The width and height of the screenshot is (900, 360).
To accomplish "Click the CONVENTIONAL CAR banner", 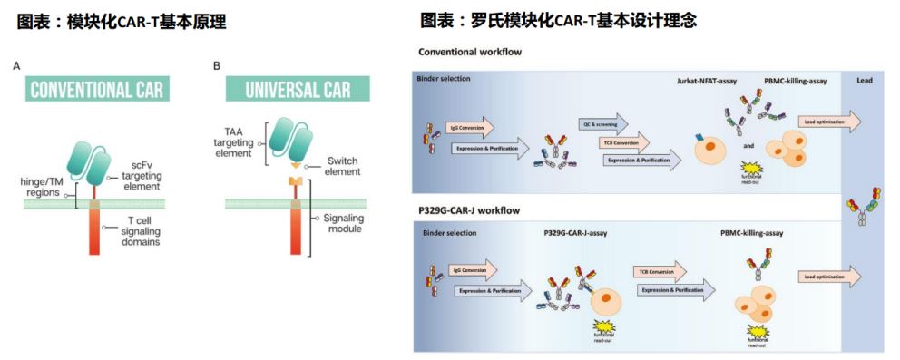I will click(x=96, y=90).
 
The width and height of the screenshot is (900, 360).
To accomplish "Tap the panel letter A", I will click(x=16, y=66).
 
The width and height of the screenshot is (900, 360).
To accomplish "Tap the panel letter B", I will click(x=217, y=66).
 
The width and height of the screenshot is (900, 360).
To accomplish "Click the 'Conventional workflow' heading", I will click(x=469, y=52).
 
